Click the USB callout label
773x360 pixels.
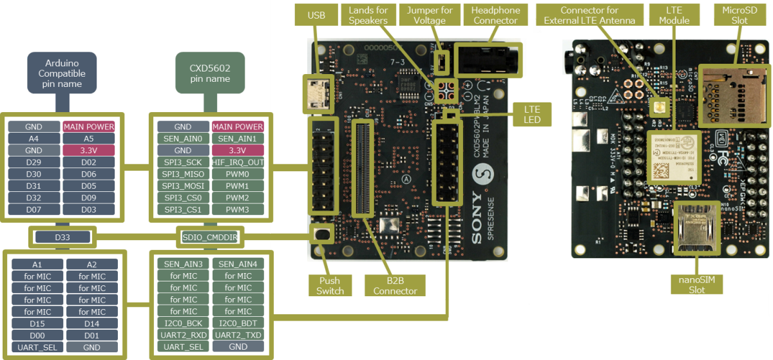point(316,15)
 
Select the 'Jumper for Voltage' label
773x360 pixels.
point(430,15)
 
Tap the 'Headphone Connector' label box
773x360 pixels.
point(495,15)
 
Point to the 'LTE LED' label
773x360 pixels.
point(531,115)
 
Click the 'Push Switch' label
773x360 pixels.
point(330,285)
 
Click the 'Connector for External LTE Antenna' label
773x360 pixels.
point(589,15)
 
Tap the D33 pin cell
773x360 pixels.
point(62,238)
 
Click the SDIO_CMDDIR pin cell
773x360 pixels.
point(210,238)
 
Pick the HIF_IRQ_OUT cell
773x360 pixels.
point(238,162)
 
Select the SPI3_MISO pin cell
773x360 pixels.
point(183,174)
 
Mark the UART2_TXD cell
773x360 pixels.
point(238,335)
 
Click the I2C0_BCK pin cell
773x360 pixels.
point(183,323)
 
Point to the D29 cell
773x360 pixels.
point(34,162)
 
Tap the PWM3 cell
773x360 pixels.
point(238,209)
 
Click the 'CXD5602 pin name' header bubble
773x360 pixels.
point(209,71)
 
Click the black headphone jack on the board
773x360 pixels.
point(488,62)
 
